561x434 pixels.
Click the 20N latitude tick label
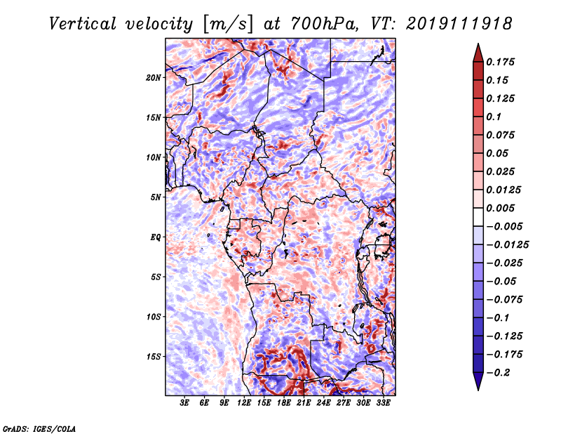coord(154,78)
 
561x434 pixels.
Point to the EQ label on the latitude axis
coord(156,237)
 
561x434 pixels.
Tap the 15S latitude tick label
coord(154,357)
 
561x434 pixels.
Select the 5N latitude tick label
coord(156,197)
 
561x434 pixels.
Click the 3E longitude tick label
coord(184,403)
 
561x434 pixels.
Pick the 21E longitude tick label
coord(304,403)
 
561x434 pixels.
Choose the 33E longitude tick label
coord(383,403)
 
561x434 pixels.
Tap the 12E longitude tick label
coord(244,403)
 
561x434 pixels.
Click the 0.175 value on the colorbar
coord(500,62)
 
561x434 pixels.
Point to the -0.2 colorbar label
coord(499,373)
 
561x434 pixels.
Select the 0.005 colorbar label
coord(500,208)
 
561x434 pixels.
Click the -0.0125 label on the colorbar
coord(507,245)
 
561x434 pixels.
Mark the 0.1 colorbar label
coord(494,117)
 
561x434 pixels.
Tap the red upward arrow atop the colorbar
coord(478,53)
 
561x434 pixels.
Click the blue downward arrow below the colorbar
coord(478,381)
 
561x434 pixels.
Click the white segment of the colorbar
coord(478,217)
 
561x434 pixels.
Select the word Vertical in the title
coord(83,24)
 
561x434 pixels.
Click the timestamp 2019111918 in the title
coord(459,24)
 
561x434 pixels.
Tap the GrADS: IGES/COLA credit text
coord(39,428)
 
